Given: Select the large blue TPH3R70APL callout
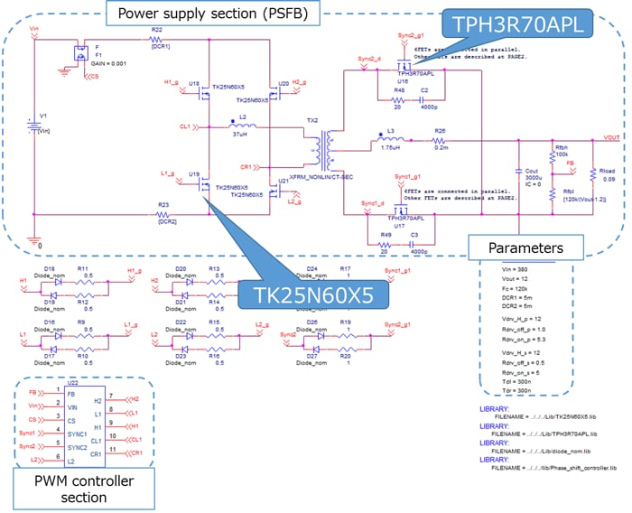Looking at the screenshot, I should click(516, 24).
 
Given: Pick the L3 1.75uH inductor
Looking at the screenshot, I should click(391, 141).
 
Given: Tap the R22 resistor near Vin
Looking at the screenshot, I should click(157, 39).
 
